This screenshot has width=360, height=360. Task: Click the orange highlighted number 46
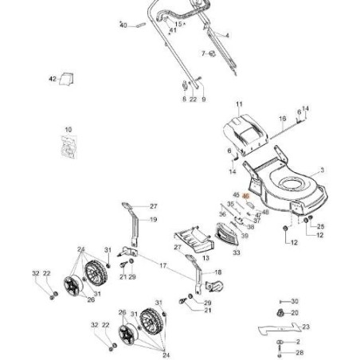pyautogui.click(x=245, y=196)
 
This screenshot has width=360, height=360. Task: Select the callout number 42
pyautogui.click(x=53, y=79)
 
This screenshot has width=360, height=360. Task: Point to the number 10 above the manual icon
pyautogui.click(x=68, y=129)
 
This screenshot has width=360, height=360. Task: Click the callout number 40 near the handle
pyautogui.click(x=123, y=25)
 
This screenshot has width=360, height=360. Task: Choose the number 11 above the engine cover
pyautogui.click(x=238, y=104)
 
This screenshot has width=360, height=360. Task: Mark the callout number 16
pyautogui.click(x=282, y=119)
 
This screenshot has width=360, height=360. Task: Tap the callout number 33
pyautogui.click(x=237, y=252)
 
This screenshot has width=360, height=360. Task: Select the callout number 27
pyautogui.click(x=154, y=206)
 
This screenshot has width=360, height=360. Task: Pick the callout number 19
pyautogui.click(x=153, y=220)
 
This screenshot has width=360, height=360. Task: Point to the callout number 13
pyautogui.click(x=205, y=259)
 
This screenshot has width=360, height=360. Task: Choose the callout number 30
pyautogui.click(x=295, y=301)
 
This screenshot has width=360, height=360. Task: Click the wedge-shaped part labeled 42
pyautogui.click(x=69, y=78)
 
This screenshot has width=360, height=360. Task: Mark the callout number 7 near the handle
pyautogui.click(x=204, y=53)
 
